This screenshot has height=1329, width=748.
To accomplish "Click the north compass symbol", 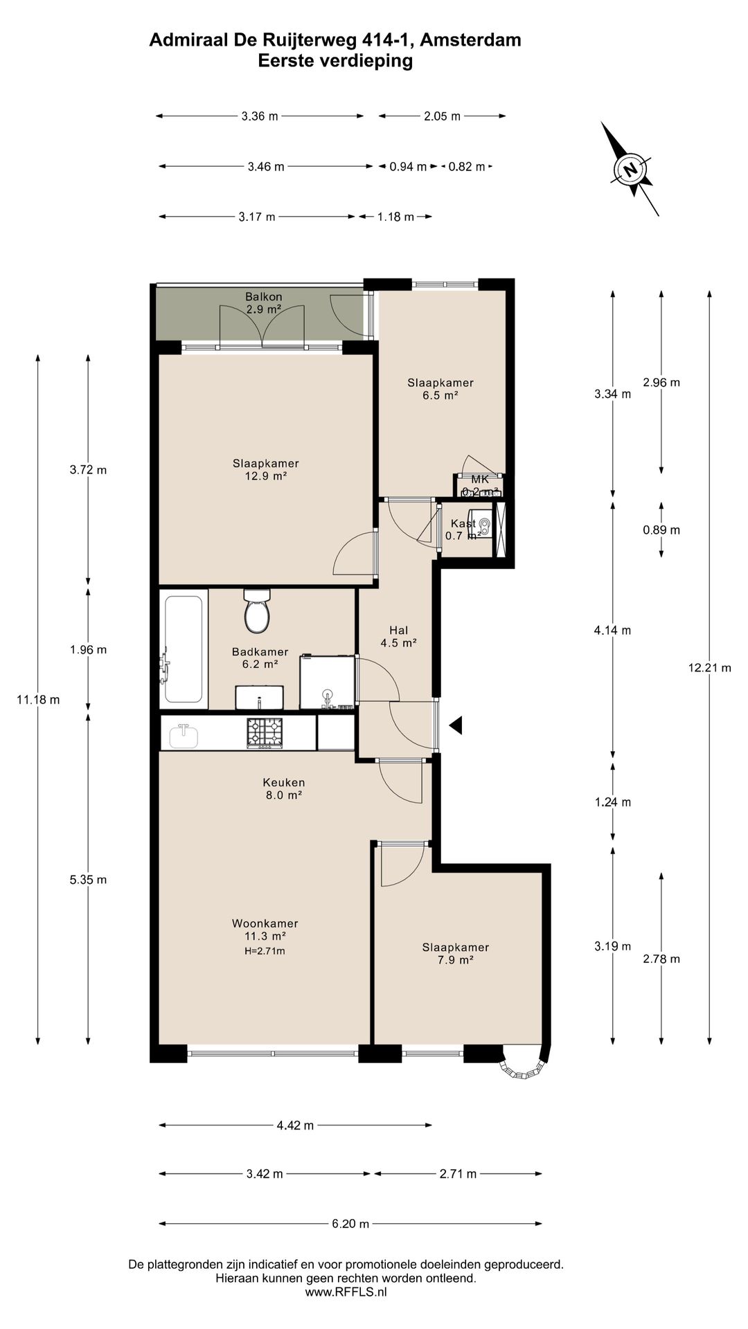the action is [x=630, y=169].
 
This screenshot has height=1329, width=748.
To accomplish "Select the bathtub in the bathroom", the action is [x=184, y=649].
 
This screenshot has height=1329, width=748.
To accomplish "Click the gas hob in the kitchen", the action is [x=266, y=733].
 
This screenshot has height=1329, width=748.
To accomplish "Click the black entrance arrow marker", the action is [x=456, y=725].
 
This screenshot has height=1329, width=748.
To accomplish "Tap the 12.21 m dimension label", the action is [x=710, y=668].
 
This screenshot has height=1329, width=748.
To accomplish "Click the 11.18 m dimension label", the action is [x=38, y=700].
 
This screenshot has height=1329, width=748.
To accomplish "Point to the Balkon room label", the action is [x=264, y=297].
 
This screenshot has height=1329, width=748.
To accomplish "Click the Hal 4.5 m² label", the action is [x=398, y=636].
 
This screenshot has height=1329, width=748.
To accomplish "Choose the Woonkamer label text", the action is [x=265, y=923].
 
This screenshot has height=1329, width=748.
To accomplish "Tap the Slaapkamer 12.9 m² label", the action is [x=266, y=470].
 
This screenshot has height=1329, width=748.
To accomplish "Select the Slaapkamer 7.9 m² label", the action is [x=456, y=954].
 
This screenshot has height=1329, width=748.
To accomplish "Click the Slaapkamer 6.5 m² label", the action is [x=440, y=389].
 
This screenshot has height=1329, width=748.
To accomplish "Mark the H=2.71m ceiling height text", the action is [x=265, y=951].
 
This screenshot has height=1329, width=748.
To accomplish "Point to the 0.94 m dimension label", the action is [x=408, y=166].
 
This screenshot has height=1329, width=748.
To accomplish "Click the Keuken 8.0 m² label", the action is [x=283, y=789].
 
